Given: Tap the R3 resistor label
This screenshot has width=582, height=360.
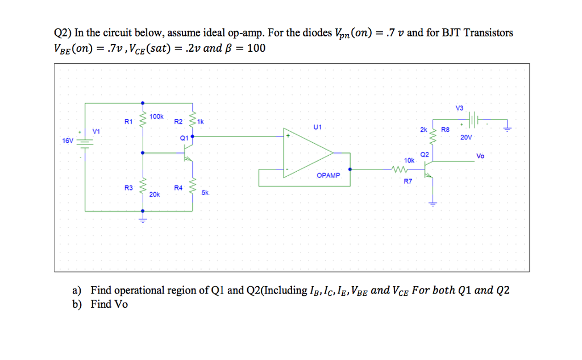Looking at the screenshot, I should tap(128, 187).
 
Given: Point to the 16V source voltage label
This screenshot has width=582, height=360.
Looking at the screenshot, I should tap(68, 140).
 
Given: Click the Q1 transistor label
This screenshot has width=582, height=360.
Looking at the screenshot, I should tap(184, 138).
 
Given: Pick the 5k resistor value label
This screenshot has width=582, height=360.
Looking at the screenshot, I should tap(205, 193).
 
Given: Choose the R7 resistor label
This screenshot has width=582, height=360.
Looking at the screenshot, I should tap(408, 181).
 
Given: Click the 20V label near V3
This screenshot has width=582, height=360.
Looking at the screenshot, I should tap(466, 138).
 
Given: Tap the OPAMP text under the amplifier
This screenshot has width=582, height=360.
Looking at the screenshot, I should tap(329, 175).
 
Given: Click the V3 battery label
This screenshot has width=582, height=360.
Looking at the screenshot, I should tap(459, 107).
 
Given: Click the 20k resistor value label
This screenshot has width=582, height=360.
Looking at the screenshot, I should tap(154, 195).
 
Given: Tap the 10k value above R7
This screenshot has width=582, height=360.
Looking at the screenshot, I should tap(408, 162).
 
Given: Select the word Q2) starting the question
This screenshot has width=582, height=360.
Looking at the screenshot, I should tap(56, 33).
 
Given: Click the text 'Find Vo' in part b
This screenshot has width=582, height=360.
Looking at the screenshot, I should tap(109, 304).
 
